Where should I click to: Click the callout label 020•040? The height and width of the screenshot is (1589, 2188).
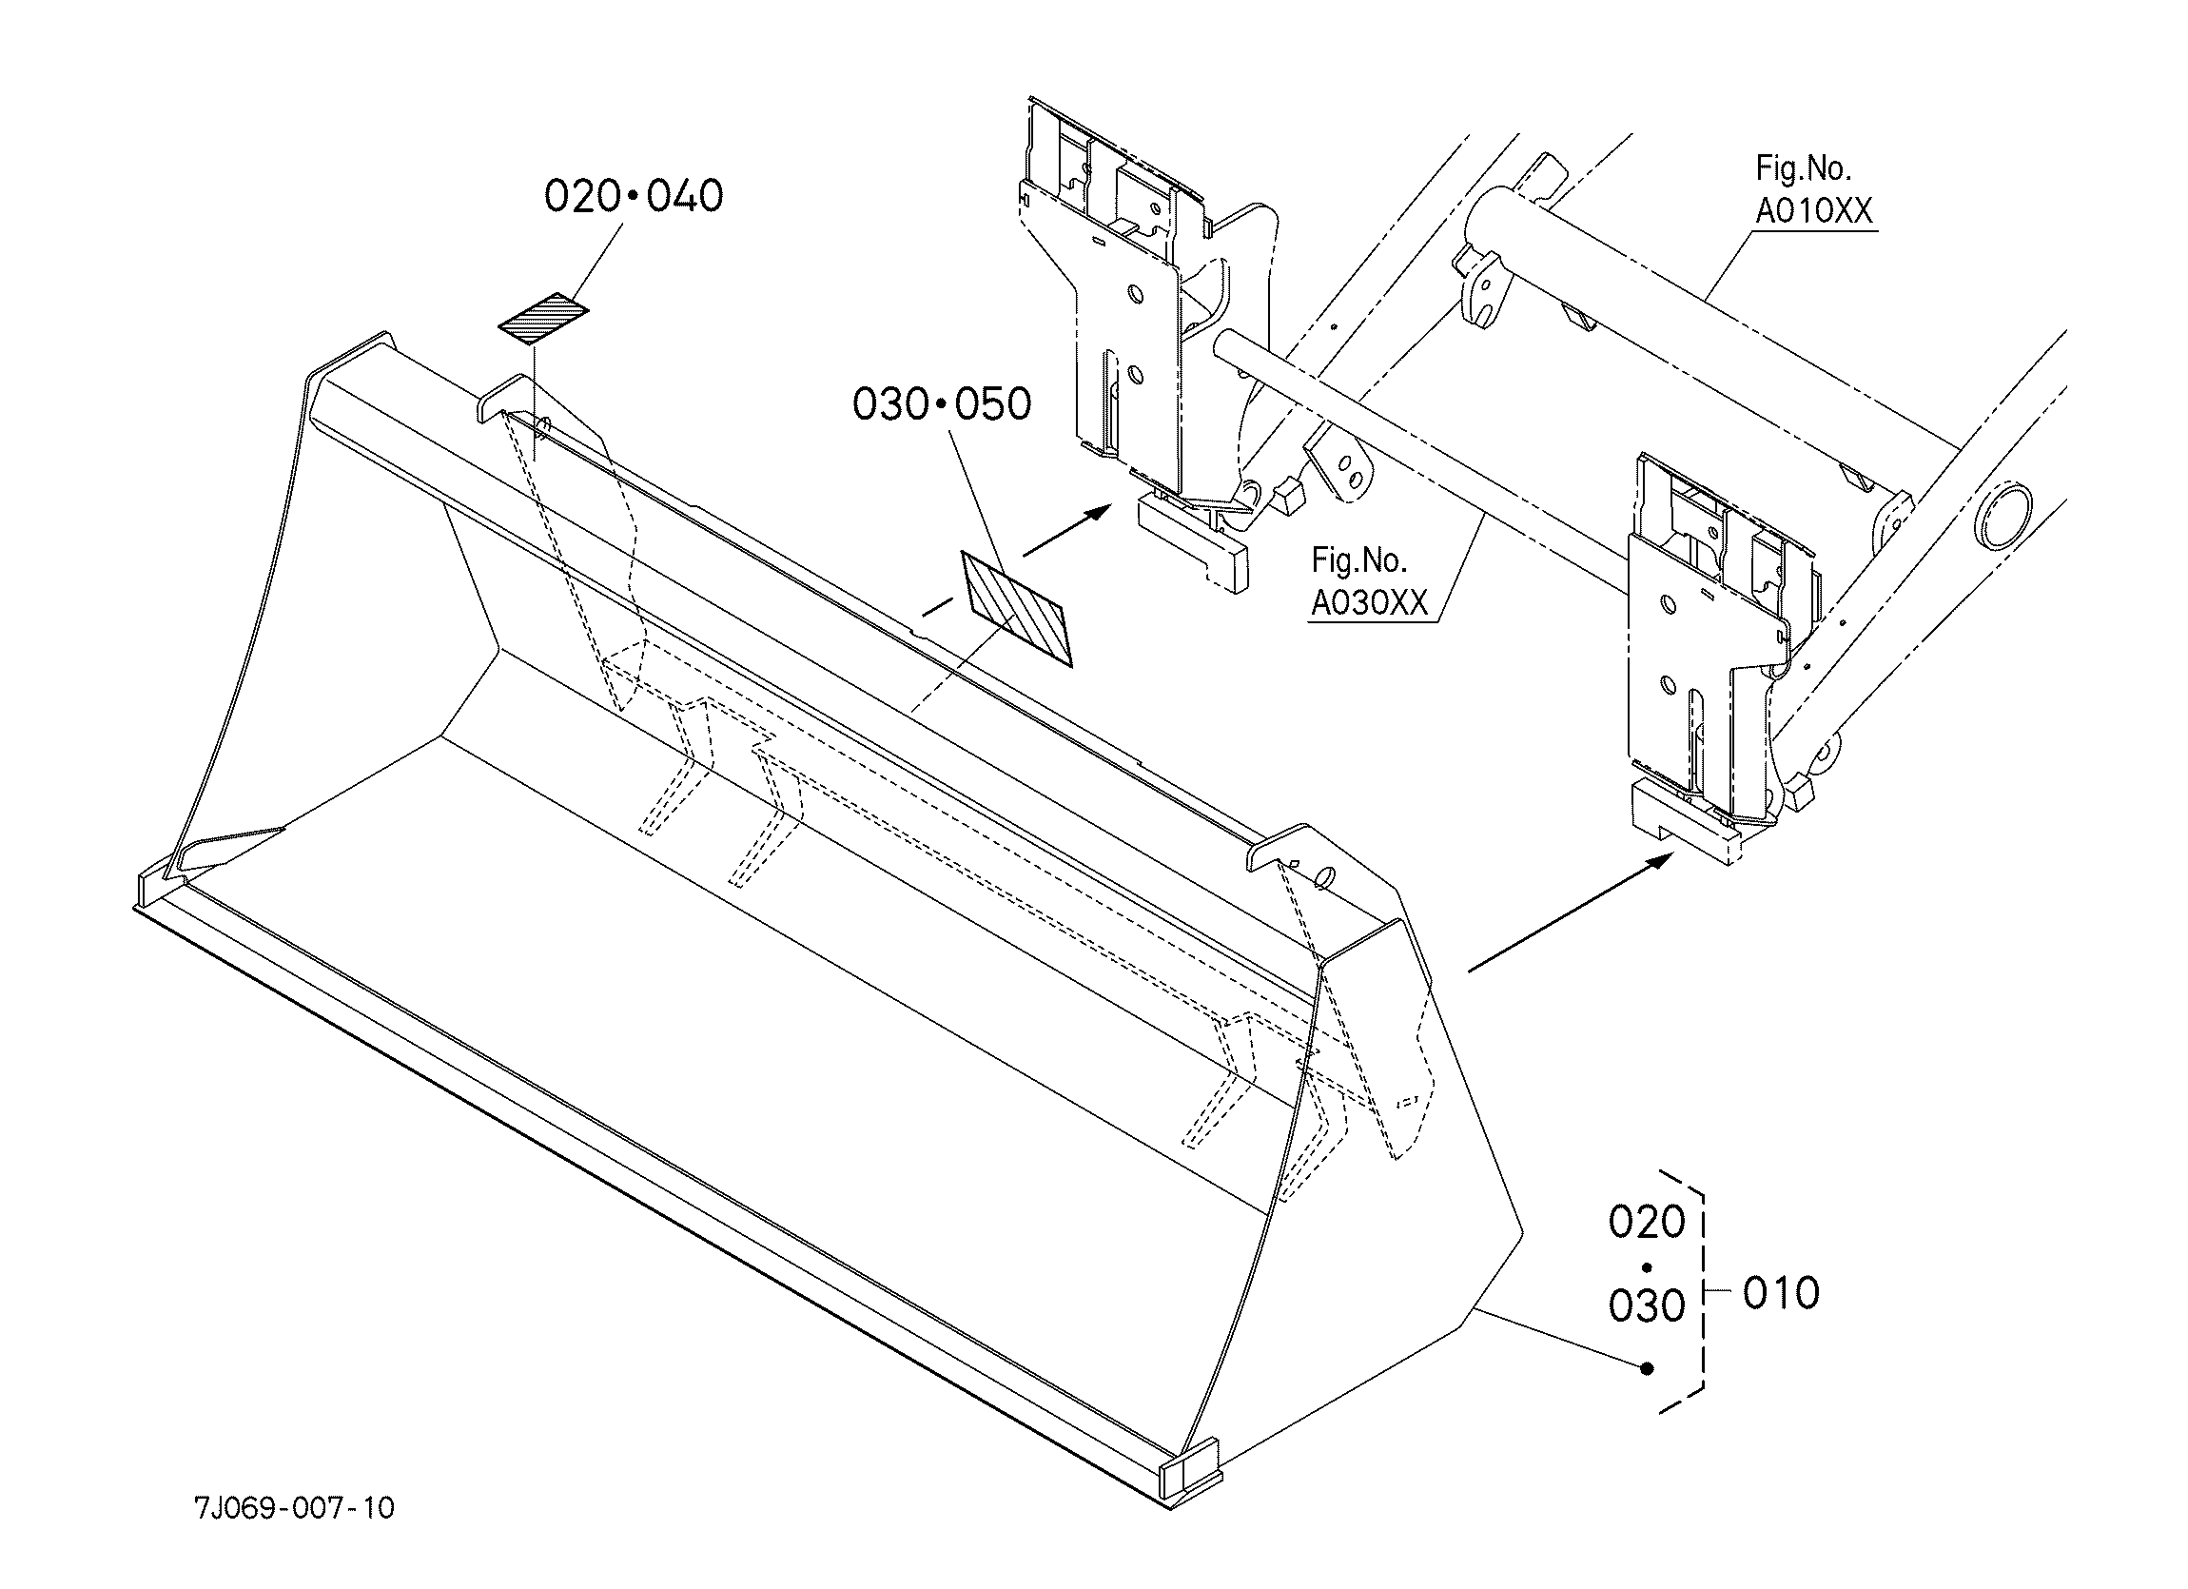pyautogui.click(x=633, y=196)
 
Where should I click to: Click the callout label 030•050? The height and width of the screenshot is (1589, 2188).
pyautogui.click(x=942, y=404)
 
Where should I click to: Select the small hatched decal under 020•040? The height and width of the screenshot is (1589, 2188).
pyautogui.click(x=543, y=319)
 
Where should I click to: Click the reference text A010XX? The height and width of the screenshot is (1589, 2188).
pyautogui.click(x=1814, y=211)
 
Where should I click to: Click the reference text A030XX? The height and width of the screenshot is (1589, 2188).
pyautogui.click(x=1369, y=603)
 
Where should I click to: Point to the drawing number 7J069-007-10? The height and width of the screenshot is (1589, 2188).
pyautogui.click(x=294, y=1507)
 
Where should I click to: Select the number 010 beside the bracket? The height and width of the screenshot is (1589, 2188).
pyautogui.click(x=1781, y=1294)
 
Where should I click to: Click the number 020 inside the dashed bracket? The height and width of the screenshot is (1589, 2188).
pyautogui.click(x=1647, y=1223)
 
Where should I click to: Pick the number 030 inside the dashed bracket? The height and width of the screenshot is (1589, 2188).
pyautogui.click(x=1647, y=1306)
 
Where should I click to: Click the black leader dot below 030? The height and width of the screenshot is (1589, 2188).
pyautogui.click(x=1648, y=1368)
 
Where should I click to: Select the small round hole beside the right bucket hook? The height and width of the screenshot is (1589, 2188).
pyautogui.click(x=1325, y=876)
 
